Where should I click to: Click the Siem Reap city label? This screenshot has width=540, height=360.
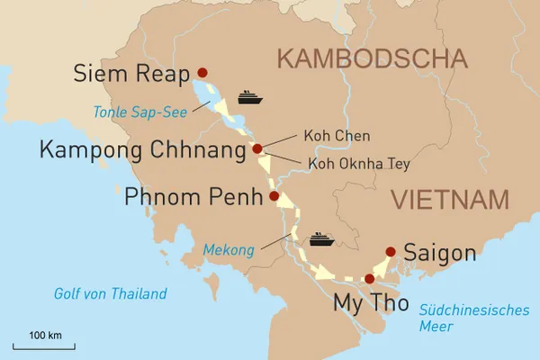(x=133, y=73)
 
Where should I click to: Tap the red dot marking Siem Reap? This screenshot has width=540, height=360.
(x=202, y=73)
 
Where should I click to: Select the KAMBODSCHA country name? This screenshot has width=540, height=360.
(x=372, y=60)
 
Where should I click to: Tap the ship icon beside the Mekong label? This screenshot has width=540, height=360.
(x=321, y=239)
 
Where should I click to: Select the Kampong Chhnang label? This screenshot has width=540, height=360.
(x=142, y=149)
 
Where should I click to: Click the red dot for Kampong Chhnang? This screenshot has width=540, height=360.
(x=257, y=149)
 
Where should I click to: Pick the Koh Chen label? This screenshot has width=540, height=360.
(x=328, y=137)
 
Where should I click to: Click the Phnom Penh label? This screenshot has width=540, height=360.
(x=192, y=196)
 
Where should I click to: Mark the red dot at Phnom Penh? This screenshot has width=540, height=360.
(x=274, y=196)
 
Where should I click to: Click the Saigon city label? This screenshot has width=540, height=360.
(x=440, y=253)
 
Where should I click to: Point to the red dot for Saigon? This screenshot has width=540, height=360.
(x=390, y=252)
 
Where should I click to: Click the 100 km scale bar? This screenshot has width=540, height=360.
(x=44, y=345)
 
